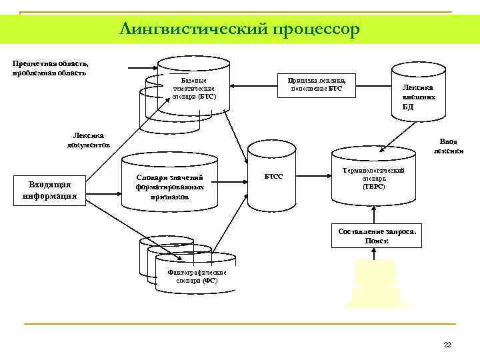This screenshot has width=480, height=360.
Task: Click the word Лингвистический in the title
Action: (x=194, y=29)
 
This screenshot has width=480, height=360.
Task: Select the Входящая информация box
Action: (x=49, y=190)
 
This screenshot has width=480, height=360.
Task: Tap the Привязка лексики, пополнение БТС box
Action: (x=316, y=84)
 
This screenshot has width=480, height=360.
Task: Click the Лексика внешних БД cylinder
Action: (x=417, y=93)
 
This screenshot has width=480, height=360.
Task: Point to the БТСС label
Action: (x=274, y=177)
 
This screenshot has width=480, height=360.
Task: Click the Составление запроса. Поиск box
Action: (x=377, y=235)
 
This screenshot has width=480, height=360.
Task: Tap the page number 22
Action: (x=447, y=344)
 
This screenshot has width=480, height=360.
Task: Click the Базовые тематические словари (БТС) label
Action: (x=194, y=89)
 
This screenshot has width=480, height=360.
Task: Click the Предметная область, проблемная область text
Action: (x=50, y=67)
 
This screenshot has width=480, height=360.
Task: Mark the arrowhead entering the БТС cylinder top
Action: (x=157, y=67)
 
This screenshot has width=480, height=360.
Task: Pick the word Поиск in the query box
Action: (x=377, y=241)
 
